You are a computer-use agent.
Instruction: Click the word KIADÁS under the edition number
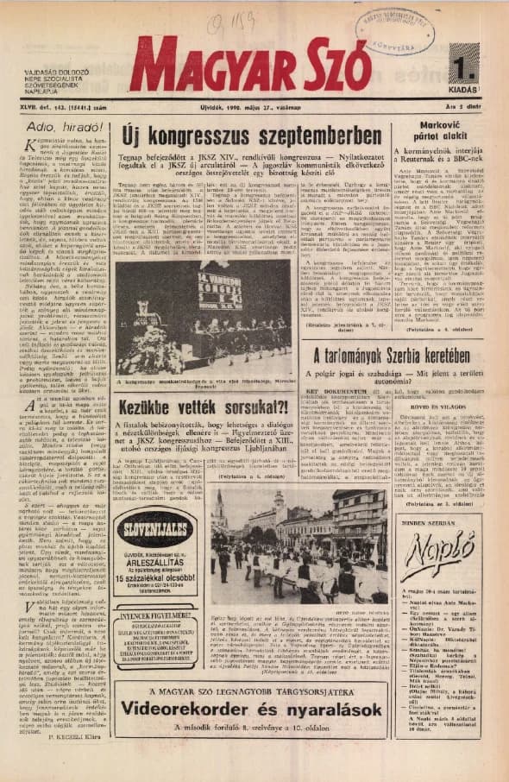(x=463, y=88)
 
